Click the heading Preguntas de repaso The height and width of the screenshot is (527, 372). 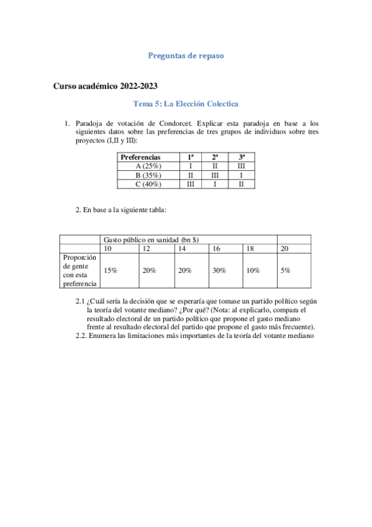tap(186, 55)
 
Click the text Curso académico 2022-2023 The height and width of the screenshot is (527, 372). tap(109, 86)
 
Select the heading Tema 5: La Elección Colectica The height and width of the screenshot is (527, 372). tap(186, 104)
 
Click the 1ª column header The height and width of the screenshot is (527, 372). tap(191, 157)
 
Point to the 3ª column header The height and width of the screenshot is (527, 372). tap(240, 157)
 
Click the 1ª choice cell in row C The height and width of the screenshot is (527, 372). tap(191, 184)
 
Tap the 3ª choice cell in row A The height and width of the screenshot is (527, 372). tap(240, 166)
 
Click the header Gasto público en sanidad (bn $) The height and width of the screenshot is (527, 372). tap(151, 239)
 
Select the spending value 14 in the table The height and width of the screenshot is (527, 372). tap(182, 249)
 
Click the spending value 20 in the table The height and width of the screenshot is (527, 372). tap(284, 249)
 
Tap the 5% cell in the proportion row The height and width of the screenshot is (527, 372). tap(285, 271)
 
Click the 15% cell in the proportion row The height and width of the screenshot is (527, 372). tap(111, 271)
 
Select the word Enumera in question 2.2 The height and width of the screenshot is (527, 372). tap(104, 336)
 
